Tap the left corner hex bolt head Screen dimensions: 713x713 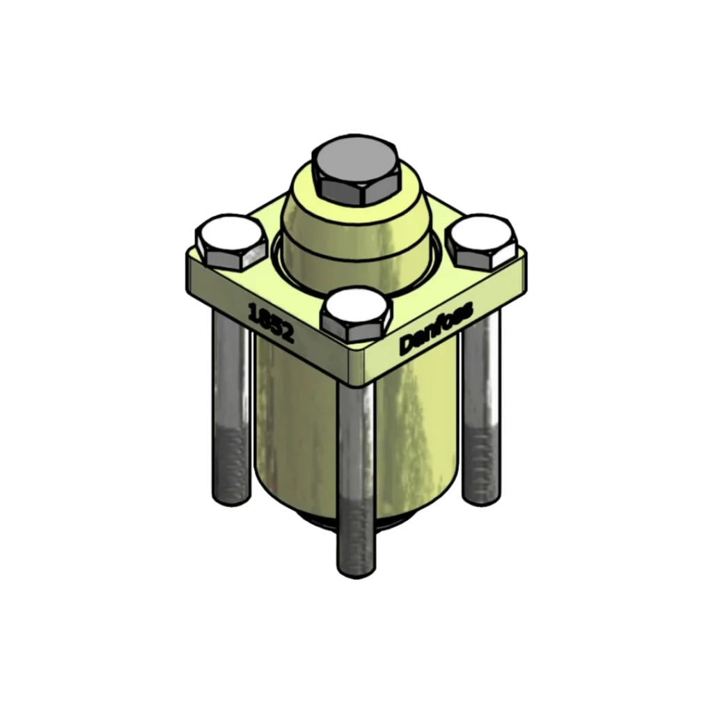tap(230, 242)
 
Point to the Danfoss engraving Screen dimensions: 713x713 tap(436, 329)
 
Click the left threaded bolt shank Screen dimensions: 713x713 tap(231, 405)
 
